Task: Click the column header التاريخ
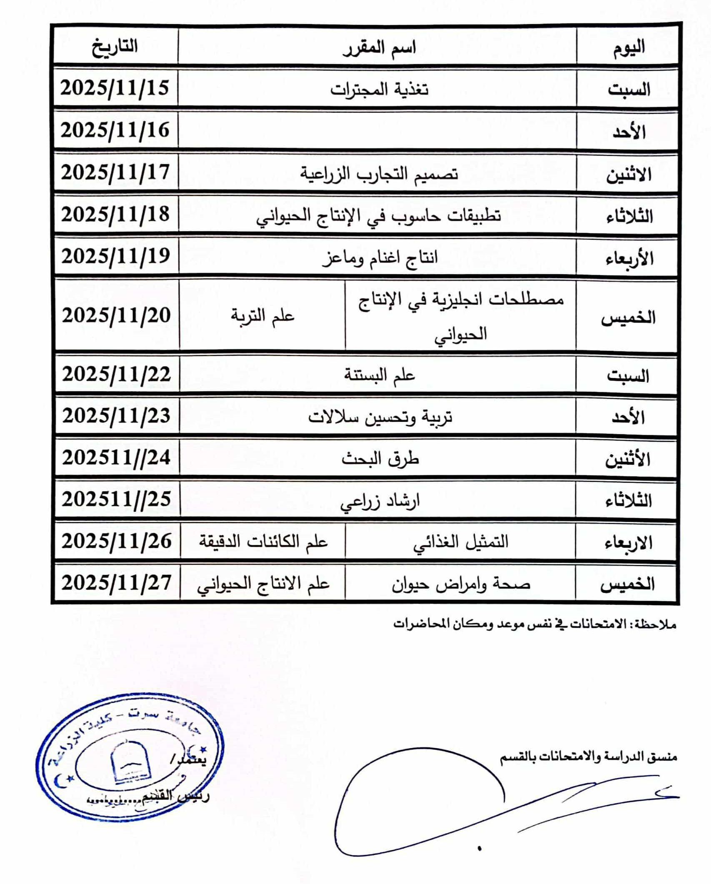tap(115, 46)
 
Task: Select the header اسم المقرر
tap(379, 47)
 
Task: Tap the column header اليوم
tap(628, 47)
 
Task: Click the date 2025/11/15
tap(115, 88)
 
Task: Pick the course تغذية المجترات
tap(379, 89)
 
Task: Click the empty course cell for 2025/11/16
tap(377, 130)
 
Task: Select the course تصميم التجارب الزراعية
tap(379, 173)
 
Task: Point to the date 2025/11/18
tap(115, 215)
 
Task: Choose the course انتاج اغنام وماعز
tap(379, 257)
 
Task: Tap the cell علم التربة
tap(263, 316)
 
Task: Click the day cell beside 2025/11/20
tap(628, 318)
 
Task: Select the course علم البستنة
tap(379, 375)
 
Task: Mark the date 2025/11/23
tap(116, 416)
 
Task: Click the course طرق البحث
tap(380, 458)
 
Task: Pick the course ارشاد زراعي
tap(380, 501)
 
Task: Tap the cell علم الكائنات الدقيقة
tap(263, 541)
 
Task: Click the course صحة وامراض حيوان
tap(461, 583)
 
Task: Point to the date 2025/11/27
tap(117, 583)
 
